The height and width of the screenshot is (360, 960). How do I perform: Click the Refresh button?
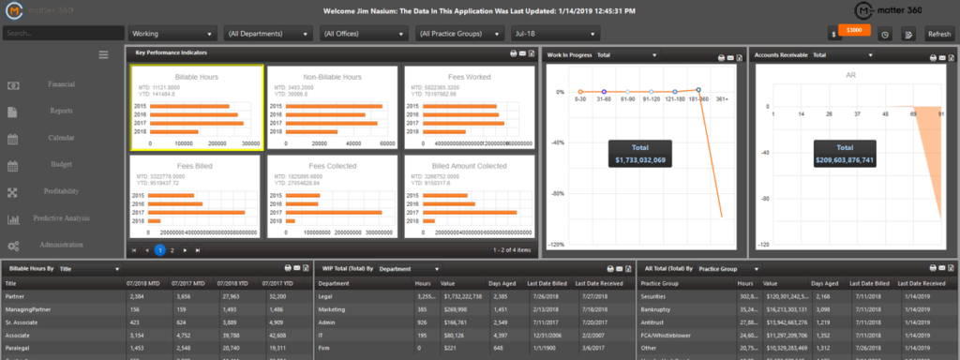(x=938, y=34)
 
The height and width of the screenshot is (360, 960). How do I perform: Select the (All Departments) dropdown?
(x=267, y=34)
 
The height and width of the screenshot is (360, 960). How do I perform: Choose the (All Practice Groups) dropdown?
(x=458, y=34)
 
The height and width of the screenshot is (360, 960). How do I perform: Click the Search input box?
(x=60, y=34)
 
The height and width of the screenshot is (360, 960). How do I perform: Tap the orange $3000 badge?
(x=853, y=30)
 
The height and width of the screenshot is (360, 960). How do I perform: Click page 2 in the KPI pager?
(x=172, y=250)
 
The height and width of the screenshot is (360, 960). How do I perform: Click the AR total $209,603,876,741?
(x=845, y=161)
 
